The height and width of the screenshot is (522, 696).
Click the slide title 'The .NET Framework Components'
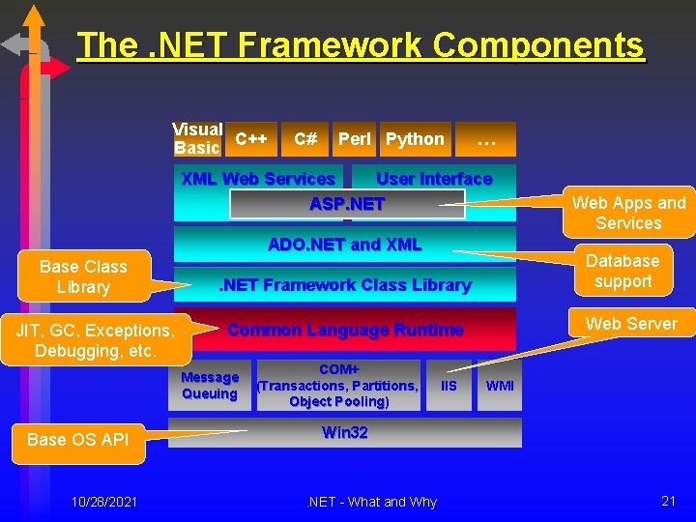click(360, 45)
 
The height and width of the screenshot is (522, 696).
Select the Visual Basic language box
click(198, 139)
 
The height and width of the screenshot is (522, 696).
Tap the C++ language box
click(252, 139)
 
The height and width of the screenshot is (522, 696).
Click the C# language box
click(305, 139)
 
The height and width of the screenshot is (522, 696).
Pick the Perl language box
click(354, 139)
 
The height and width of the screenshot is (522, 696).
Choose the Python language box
click(415, 139)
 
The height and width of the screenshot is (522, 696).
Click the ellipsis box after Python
click(485, 139)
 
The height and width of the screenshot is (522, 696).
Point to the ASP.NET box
click(347, 204)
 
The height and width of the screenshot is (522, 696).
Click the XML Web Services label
click(258, 179)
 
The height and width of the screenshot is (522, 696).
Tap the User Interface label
click(434, 179)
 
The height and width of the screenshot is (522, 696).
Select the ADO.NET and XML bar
click(345, 245)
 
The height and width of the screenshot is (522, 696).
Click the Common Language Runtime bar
click(345, 330)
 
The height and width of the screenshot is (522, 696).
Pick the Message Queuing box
click(210, 385)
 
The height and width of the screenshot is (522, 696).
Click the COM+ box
click(338, 385)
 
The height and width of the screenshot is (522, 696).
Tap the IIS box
click(449, 385)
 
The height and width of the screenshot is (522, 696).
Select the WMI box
click(500, 385)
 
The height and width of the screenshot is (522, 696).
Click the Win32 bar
click(345, 432)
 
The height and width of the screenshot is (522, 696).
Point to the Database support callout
click(623, 271)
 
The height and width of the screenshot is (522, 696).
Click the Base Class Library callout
click(83, 276)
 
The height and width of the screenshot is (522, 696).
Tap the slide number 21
click(668, 500)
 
